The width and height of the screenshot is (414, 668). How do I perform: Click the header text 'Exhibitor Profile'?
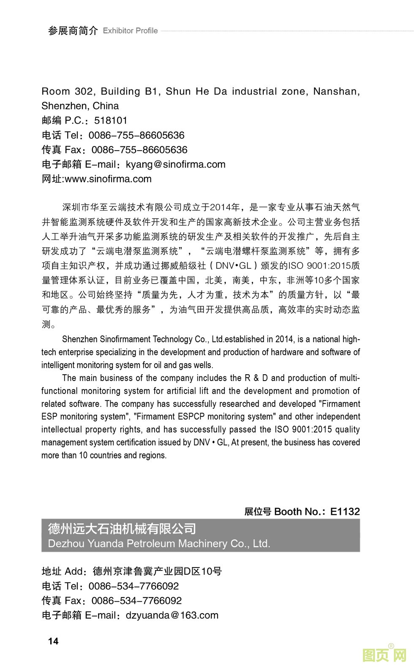[x=130, y=31]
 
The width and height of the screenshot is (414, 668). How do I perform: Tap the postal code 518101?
[x=111, y=121]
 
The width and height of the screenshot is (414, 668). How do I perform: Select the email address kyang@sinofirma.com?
[x=176, y=165]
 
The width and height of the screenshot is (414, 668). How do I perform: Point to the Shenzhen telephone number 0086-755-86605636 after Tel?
[x=136, y=135]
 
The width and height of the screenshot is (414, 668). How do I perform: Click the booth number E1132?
[x=345, y=511]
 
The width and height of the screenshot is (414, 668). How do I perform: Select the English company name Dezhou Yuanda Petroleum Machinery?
[x=159, y=544]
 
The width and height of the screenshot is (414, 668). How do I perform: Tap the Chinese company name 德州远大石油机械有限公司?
[x=122, y=529]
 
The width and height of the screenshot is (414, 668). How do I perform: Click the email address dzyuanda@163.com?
[x=172, y=615]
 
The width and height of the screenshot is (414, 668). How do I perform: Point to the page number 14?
[x=53, y=641]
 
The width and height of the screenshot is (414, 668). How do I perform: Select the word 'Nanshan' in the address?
[x=336, y=92]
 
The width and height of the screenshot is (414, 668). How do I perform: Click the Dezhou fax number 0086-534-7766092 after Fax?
[x=136, y=601]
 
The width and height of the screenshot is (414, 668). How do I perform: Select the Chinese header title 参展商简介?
[x=73, y=31]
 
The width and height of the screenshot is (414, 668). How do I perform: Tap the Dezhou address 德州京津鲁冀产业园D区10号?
[x=157, y=572]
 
